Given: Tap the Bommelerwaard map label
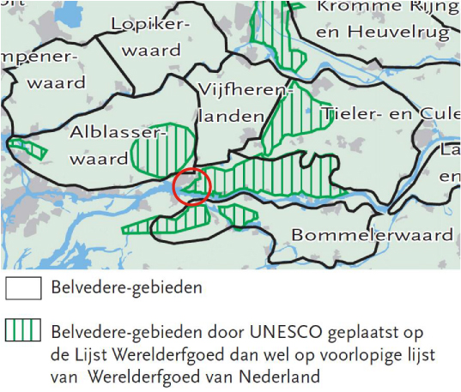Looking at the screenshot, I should [373, 234].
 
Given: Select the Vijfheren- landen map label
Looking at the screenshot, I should [231, 101].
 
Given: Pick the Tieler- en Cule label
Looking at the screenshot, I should [389, 113].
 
